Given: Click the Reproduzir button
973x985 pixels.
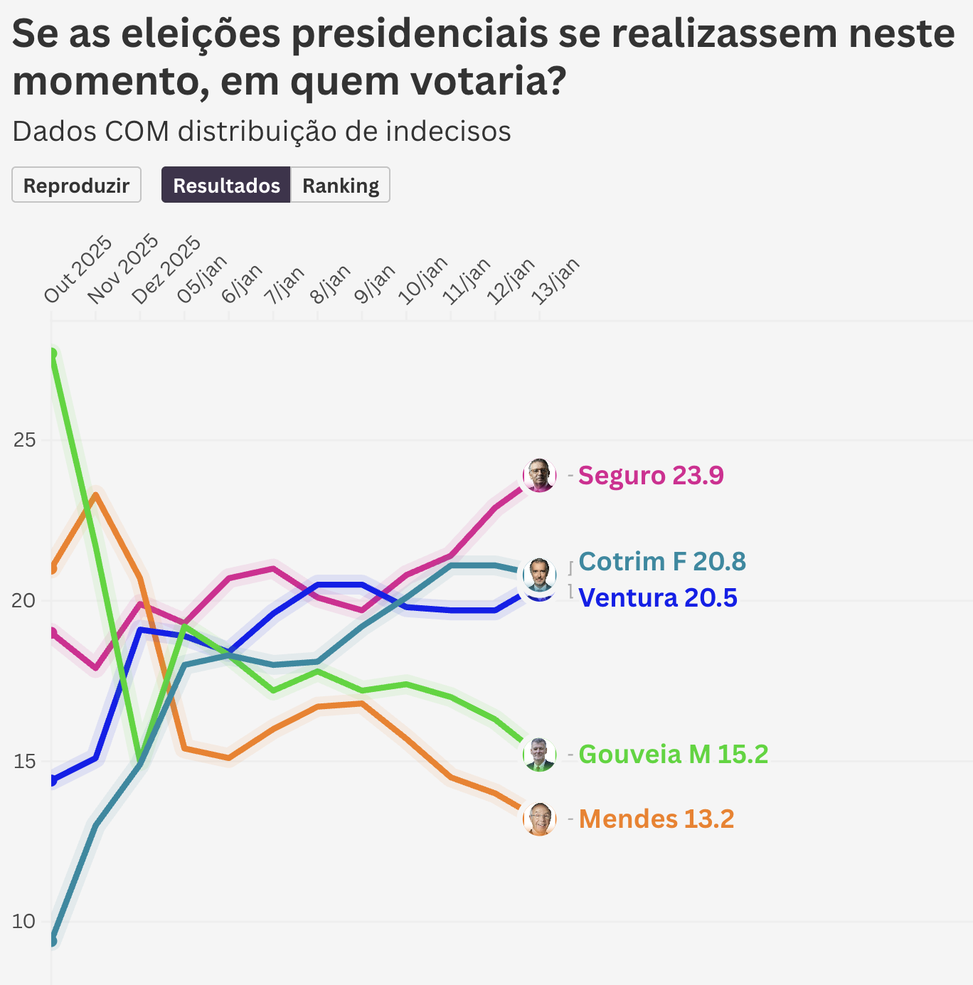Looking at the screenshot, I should (76, 185).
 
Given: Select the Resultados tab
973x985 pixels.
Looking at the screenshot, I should (226, 185).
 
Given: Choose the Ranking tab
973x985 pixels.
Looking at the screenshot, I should (341, 185).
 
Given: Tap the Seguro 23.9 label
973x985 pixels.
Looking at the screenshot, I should (651, 475).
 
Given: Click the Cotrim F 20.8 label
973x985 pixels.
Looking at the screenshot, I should (662, 561).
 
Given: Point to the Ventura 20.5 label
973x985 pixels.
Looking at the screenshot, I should (658, 597).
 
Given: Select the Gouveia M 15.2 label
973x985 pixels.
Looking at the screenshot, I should (674, 754).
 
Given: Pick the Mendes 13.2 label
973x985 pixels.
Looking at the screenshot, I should (656, 819).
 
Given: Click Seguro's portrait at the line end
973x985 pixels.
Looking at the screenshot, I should (540, 475).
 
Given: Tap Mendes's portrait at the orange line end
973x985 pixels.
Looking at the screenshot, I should (540, 819).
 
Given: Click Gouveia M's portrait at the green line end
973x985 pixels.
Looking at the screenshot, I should (540, 754).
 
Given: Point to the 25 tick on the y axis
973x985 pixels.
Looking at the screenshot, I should (24, 440).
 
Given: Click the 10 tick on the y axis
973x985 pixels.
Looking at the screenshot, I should (24, 922).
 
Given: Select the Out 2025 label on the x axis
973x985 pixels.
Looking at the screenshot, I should (78, 270).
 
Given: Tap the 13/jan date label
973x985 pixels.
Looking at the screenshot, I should (557, 281).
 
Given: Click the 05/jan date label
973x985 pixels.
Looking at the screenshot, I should (202, 279).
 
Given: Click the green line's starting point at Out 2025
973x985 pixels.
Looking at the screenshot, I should (52, 353).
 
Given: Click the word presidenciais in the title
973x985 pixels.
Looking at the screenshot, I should (420, 33).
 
